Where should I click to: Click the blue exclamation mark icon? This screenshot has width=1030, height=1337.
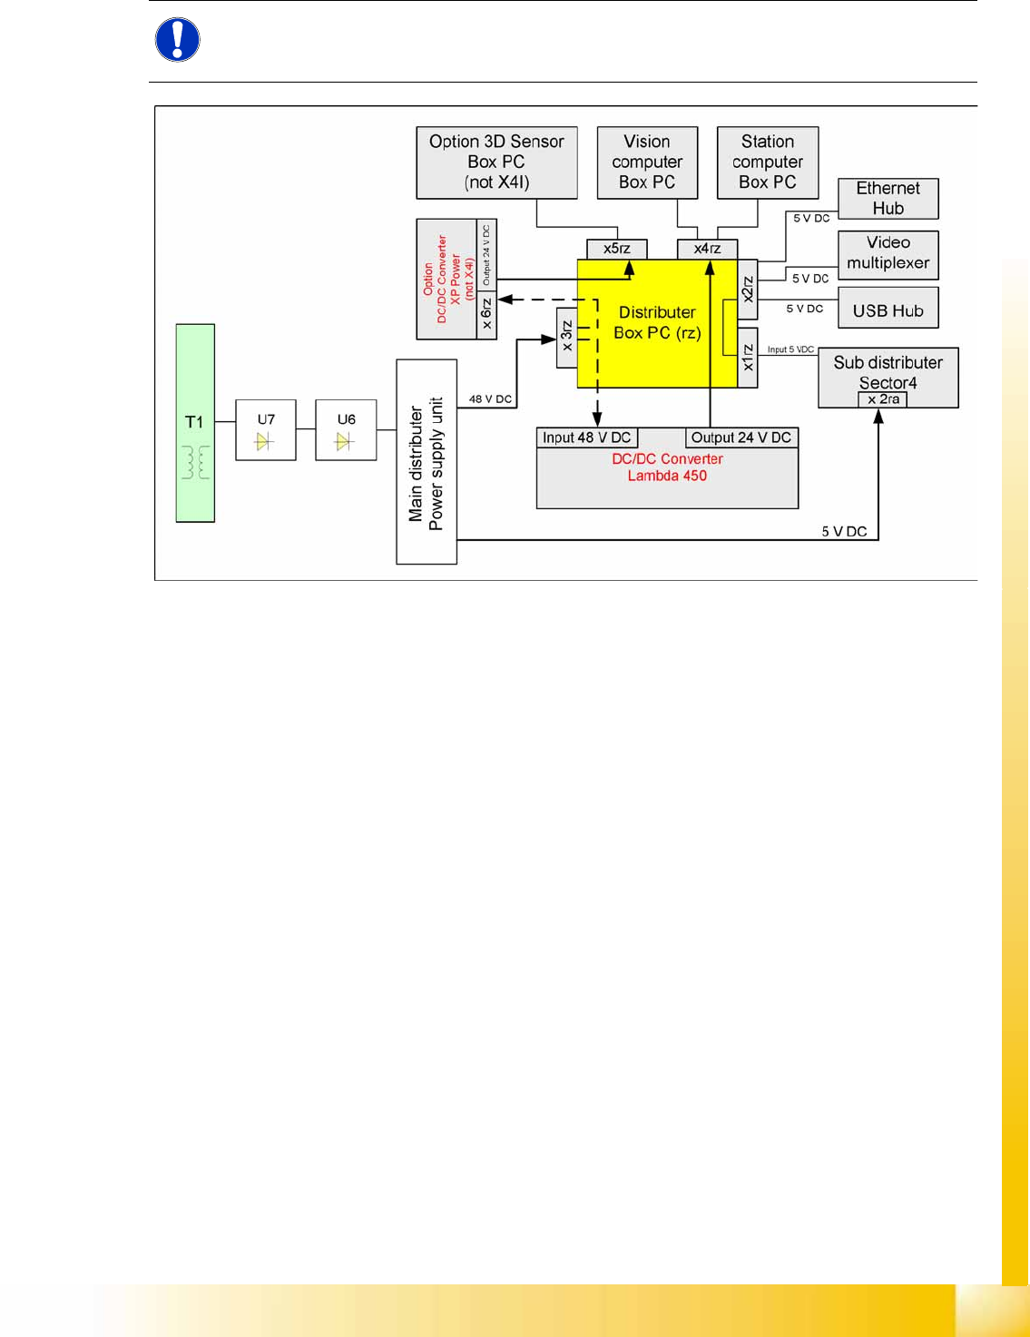pyautogui.click(x=178, y=40)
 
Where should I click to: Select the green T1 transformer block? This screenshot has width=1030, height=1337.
pyautogui.click(x=195, y=423)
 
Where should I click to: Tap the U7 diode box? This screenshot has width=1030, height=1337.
pyautogui.click(x=266, y=430)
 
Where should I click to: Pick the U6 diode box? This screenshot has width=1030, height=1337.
pyautogui.click(x=346, y=430)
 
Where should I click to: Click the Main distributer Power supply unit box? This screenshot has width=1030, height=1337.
pyautogui.click(x=427, y=462)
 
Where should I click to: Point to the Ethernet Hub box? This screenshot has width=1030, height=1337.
pyautogui.click(x=888, y=199)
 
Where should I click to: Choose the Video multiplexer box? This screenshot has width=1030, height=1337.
pyautogui.click(x=888, y=253)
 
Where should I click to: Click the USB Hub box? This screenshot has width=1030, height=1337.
pyautogui.click(x=888, y=310)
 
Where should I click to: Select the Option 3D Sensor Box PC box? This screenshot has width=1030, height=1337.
pyautogui.click(x=496, y=162)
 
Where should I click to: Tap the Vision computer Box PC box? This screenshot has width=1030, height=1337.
pyautogui.click(x=647, y=162)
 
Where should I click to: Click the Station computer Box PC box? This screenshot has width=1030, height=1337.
pyautogui.click(x=768, y=162)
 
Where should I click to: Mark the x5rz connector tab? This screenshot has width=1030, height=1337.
pyautogui.click(x=617, y=249)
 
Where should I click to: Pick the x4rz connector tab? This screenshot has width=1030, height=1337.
pyautogui.click(x=707, y=249)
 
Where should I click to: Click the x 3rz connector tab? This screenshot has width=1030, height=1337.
pyautogui.click(x=567, y=337)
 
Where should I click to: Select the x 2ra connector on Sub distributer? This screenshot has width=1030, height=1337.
pyautogui.click(x=883, y=399)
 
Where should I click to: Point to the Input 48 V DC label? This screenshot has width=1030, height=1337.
pyautogui.click(x=586, y=437)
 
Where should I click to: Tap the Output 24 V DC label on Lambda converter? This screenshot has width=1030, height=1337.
pyautogui.click(x=741, y=437)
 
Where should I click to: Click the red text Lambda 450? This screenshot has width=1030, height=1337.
pyautogui.click(x=667, y=476)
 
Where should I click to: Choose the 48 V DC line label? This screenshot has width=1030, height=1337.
pyautogui.click(x=490, y=399)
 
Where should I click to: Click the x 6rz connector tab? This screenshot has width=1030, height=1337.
pyautogui.click(x=487, y=314)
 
